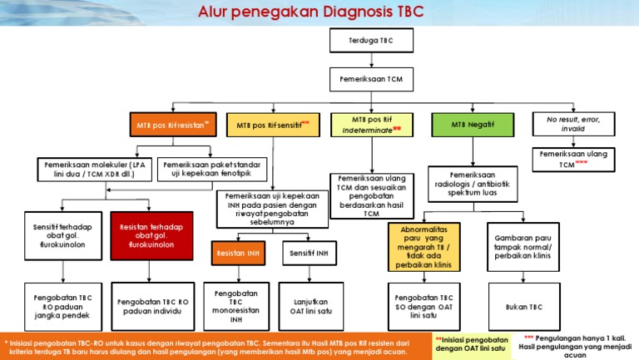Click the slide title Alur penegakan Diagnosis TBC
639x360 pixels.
[x=319, y=13]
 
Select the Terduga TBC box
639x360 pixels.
[x=365, y=40]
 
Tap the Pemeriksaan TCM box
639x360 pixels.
[x=365, y=79]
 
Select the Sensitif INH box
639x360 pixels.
[x=309, y=252]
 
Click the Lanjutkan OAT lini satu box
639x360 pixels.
[x=309, y=307]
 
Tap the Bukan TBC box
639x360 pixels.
[x=523, y=307]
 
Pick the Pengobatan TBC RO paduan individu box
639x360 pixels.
[x=153, y=307]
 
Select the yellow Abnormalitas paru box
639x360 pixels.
[x=424, y=246]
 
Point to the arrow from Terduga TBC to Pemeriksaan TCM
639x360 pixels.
[x=365, y=60]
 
